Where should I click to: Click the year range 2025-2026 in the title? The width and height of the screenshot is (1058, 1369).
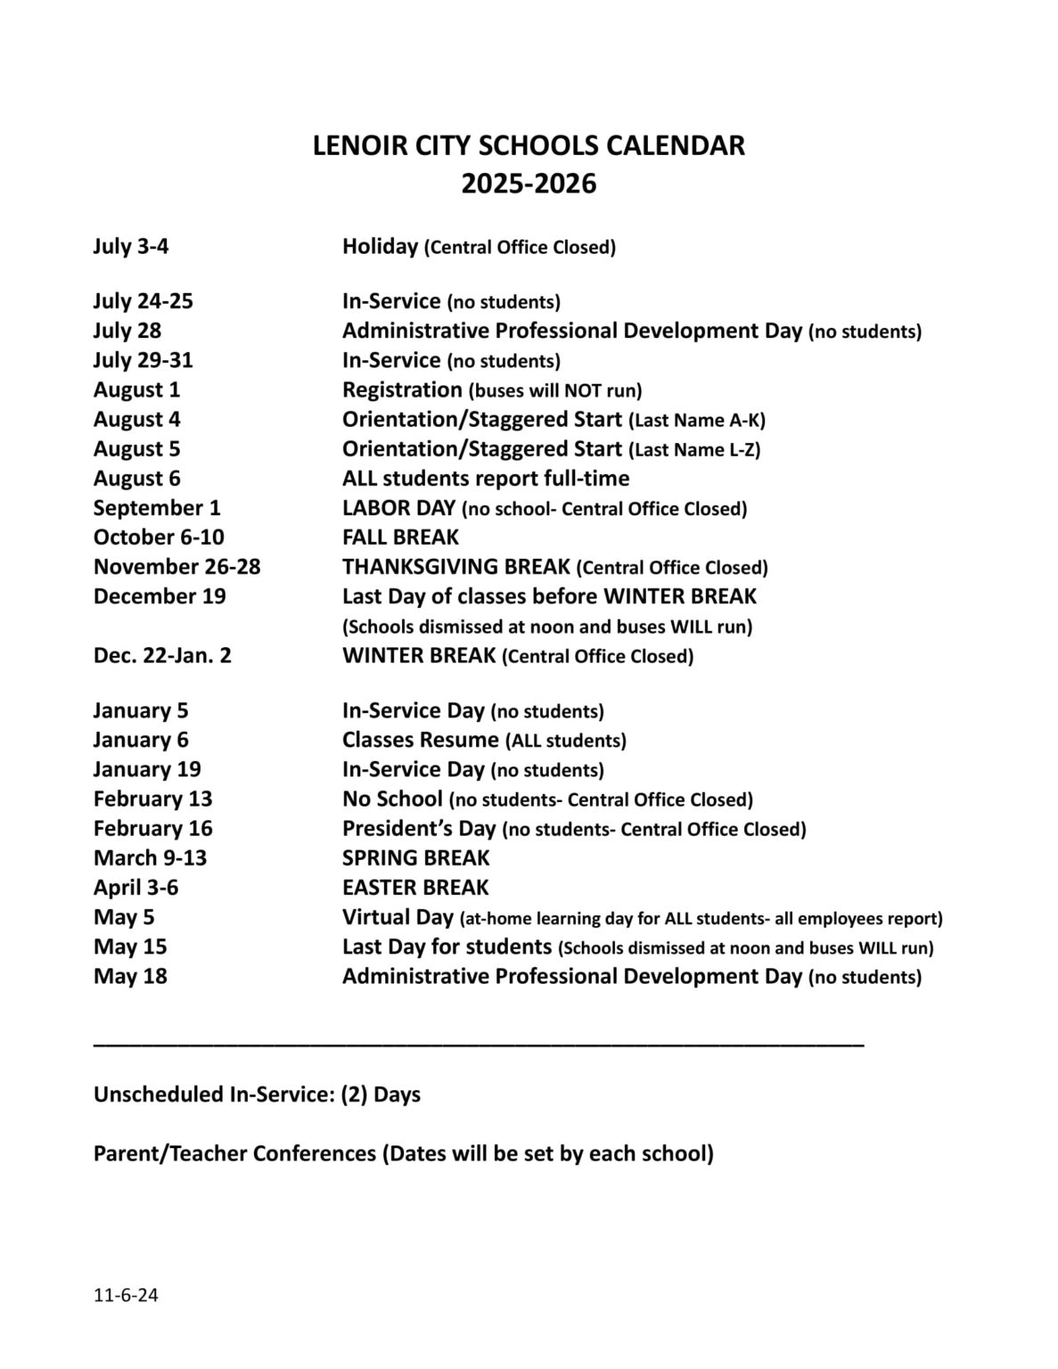click(x=529, y=184)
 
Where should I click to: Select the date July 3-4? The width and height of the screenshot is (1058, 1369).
click(x=131, y=246)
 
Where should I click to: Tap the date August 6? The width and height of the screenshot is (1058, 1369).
click(x=136, y=479)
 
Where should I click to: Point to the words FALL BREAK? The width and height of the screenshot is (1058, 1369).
click(x=400, y=537)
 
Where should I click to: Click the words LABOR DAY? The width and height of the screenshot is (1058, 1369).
click(x=398, y=508)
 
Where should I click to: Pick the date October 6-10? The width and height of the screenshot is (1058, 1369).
click(x=159, y=537)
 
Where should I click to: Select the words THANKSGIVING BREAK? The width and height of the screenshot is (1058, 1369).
click(x=456, y=567)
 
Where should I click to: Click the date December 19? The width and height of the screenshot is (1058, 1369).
click(x=160, y=596)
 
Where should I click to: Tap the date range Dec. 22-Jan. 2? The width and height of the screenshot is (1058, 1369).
click(x=162, y=656)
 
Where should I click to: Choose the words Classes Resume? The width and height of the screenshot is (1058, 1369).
click(x=421, y=740)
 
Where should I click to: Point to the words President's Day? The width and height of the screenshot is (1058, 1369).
click(x=419, y=829)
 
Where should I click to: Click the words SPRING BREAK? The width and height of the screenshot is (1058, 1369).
click(x=415, y=858)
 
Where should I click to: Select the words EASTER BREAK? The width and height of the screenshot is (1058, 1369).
click(x=415, y=888)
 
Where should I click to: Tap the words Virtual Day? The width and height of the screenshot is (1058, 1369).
click(x=398, y=917)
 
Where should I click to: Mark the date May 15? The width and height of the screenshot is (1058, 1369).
click(x=130, y=947)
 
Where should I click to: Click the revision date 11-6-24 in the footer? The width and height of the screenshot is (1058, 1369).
click(x=126, y=1295)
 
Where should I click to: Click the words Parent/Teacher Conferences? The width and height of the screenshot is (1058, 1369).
click(x=234, y=1153)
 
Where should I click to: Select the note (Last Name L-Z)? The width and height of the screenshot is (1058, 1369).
click(x=694, y=449)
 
